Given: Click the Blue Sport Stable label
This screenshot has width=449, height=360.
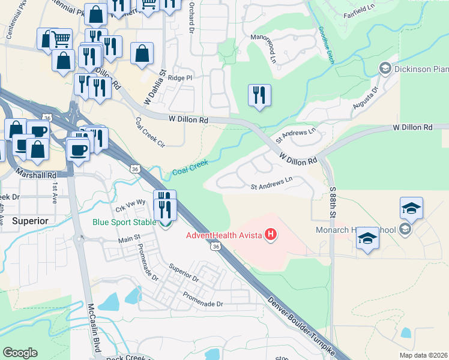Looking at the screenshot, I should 124,223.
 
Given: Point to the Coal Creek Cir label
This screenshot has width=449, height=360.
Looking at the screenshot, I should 149,133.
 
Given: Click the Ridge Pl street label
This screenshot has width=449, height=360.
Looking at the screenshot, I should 180,78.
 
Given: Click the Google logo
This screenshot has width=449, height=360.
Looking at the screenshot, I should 20,353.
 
